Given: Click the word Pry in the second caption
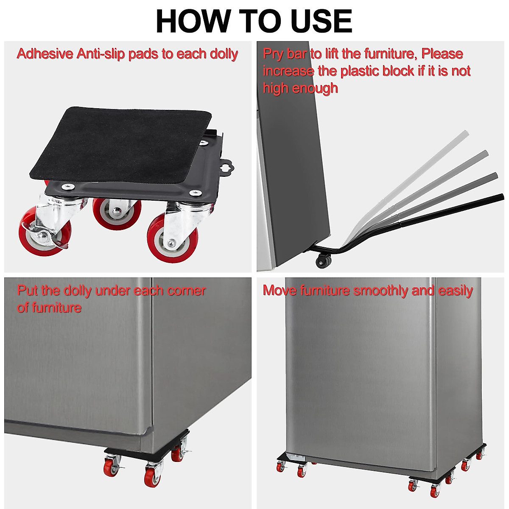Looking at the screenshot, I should point(273,54).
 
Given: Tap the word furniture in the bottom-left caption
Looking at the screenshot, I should point(55,307).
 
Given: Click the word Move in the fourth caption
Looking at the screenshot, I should point(280,291).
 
